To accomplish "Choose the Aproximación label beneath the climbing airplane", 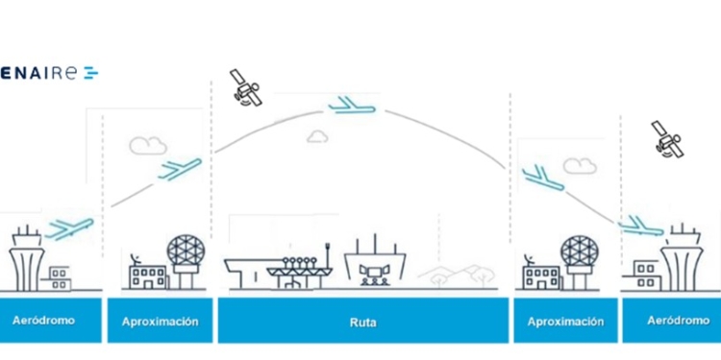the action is coord(160,322).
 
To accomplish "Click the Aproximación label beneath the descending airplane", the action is coord(565,322).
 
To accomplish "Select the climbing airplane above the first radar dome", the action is coord(180,169).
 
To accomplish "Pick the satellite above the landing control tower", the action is coord(666,139).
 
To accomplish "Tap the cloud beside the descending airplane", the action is coord(580,165).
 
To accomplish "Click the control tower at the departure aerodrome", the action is coord(26,254).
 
